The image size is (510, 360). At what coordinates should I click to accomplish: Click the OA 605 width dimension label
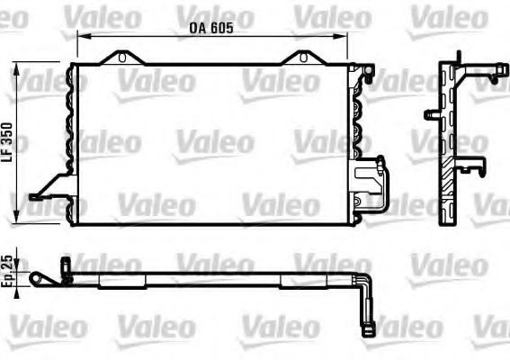[x=211, y=28]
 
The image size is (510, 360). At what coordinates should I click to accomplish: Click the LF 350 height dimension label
[x=7, y=142]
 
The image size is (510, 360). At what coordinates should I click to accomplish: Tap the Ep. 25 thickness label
[x=7, y=271]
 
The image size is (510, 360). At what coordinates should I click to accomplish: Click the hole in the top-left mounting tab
[x=122, y=58]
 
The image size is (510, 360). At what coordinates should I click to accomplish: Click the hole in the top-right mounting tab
[x=303, y=58]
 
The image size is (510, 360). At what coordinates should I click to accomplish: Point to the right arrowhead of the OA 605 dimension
[x=342, y=36]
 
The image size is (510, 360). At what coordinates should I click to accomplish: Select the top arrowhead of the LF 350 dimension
[x=15, y=67]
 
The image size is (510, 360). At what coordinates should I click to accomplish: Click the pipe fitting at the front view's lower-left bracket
[x=34, y=197]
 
